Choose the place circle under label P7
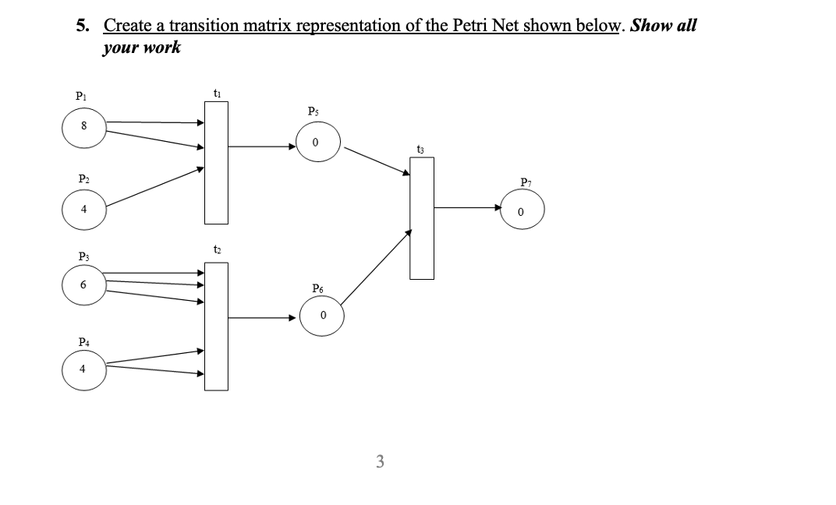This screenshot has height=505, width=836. [522, 211]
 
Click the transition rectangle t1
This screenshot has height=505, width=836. [217, 162]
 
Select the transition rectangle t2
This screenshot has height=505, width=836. [217, 326]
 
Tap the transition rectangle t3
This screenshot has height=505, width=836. [422, 218]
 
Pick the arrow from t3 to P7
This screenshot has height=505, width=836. [467, 207]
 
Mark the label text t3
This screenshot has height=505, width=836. [421, 148]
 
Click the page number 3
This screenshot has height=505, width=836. [380, 461]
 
